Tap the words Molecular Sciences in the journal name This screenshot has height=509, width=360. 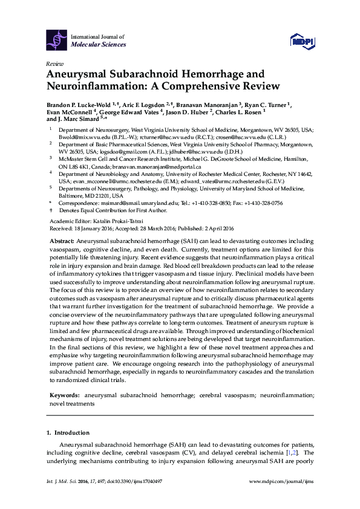pyautogui.click(x=99, y=45)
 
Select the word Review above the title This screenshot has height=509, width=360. pyautogui.click(x=54, y=63)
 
